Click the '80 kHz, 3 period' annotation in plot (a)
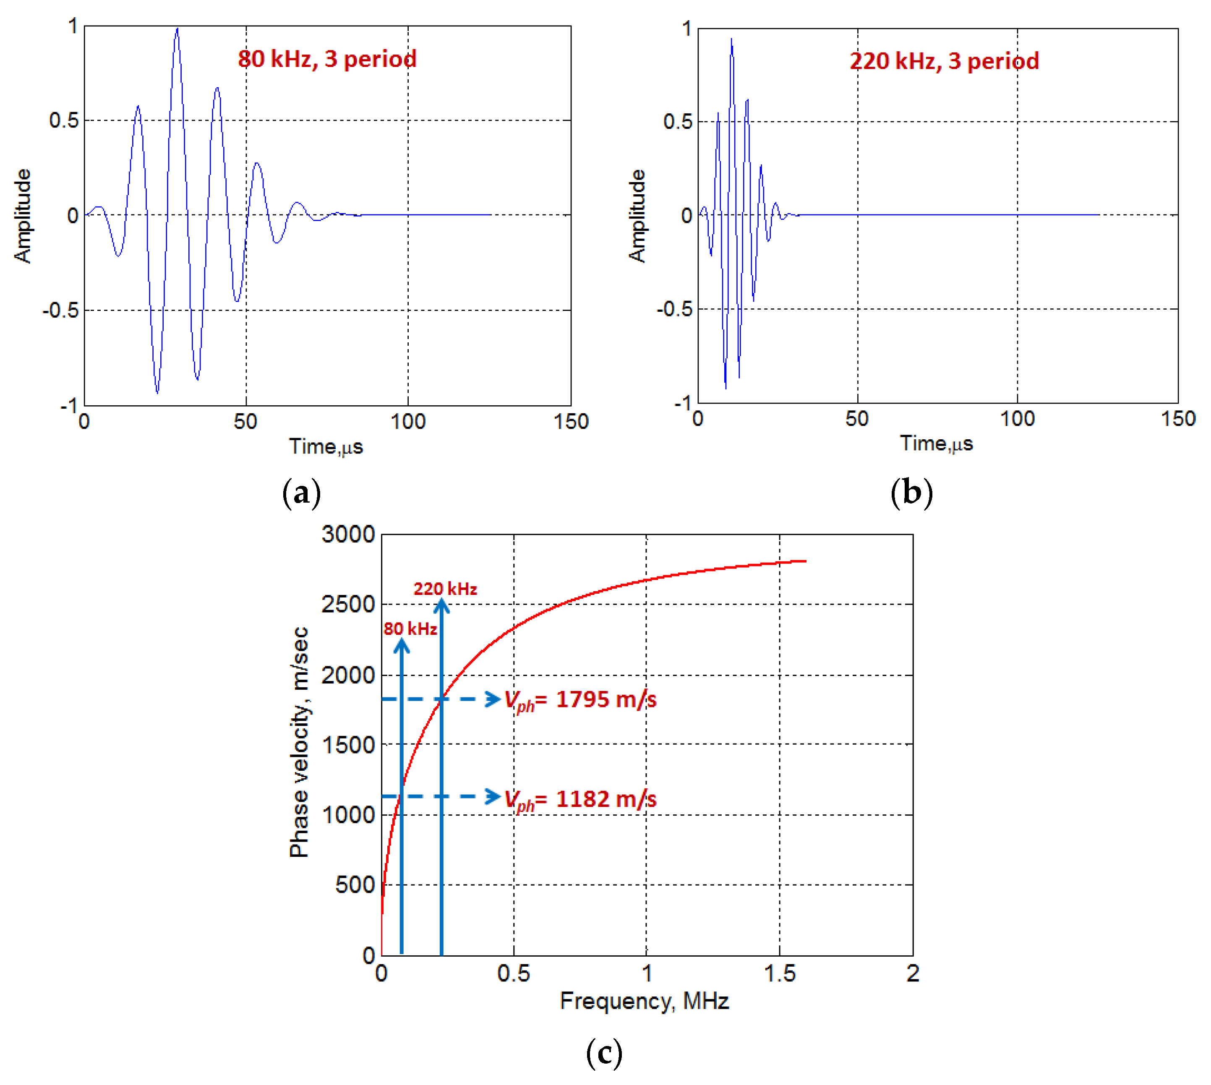point(327,59)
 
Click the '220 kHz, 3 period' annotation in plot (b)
point(944,61)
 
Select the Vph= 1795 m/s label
point(580,700)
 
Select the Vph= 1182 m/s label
point(580,799)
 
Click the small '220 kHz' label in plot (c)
point(445,589)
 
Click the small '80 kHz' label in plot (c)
point(410,629)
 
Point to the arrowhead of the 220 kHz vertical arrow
point(441,605)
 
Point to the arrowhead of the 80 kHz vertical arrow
point(402,645)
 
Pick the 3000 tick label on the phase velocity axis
point(348,534)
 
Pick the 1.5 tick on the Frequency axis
point(779,973)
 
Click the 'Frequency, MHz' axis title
point(644,1001)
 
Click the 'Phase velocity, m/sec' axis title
point(299,742)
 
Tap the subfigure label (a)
point(301,493)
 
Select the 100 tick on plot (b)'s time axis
point(1017,419)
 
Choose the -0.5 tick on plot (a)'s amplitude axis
point(61,310)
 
